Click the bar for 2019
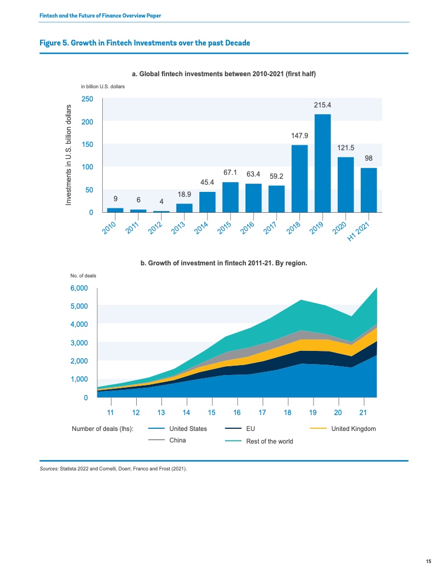(x=323, y=163)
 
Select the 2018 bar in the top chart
(x=299, y=179)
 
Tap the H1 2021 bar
(x=368, y=190)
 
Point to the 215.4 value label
(x=323, y=105)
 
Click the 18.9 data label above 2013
(x=184, y=194)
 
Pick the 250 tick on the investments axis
(x=87, y=99)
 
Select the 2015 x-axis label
(x=224, y=228)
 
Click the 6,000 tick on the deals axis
(x=79, y=288)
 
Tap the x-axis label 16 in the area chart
(x=237, y=412)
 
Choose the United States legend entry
(x=177, y=429)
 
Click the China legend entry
(x=167, y=440)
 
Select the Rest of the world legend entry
(x=259, y=441)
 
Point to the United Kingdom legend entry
(x=343, y=429)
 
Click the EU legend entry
(x=240, y=429)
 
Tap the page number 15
(x=428, y=561)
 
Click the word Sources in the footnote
(x=49, y=469)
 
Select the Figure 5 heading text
(x=145, y=43)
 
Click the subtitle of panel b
(x=223, y=263)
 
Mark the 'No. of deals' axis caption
(x=83, y=276)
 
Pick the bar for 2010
(x=115, y=210)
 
